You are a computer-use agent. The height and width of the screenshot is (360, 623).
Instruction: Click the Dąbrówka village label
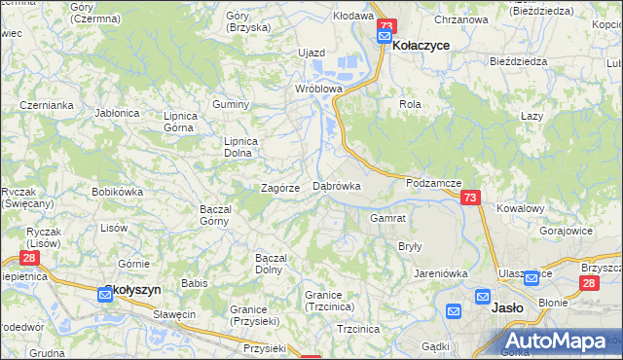click(x=337, y=185)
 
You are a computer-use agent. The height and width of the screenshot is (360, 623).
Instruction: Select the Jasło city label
click(x=509, y=307)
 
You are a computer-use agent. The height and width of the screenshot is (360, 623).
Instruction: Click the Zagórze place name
click(x=279, y=188)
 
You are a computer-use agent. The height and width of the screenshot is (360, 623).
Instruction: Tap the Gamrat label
click(x=387, y=218)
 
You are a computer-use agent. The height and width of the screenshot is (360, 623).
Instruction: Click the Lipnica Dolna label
click(x=241, y=146)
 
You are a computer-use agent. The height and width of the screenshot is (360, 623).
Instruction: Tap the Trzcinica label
click(x=357, y=329)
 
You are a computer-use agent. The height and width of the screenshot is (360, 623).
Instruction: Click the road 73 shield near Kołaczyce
click(x=387, y=27)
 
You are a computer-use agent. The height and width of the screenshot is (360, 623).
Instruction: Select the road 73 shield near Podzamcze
click(x=471, y=198)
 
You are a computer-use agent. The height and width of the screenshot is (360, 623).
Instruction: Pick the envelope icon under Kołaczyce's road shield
click(x=385, y=39)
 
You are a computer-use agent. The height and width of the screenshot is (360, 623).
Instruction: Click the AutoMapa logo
click(x=559, y=341)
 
